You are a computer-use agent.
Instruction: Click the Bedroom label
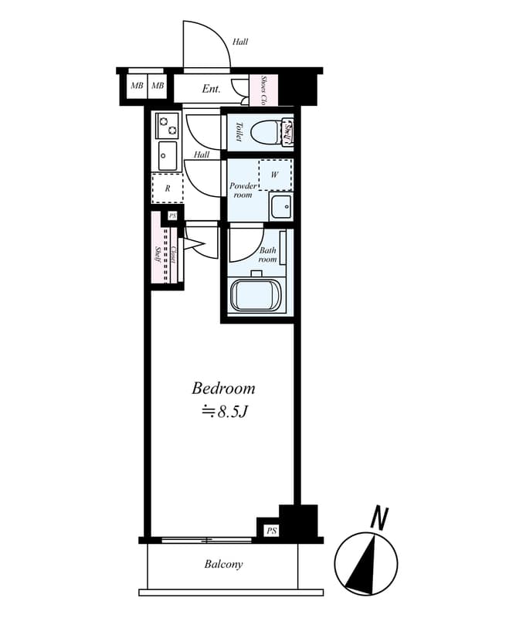pyautogui.click(x=223, y=388)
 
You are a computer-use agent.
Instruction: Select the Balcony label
pyautogui.click(x=223, y=564)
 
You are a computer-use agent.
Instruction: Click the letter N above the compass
pyautogui.click(x=378, y=518)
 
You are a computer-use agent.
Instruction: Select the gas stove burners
pyautogui.click(x=167, y=124)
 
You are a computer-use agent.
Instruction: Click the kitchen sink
pyautogui.click(x=167, y=155)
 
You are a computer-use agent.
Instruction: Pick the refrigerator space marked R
pyautogui.click(x=168, y=188)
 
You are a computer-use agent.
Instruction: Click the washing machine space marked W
pyautogui.click(x=274, y=175)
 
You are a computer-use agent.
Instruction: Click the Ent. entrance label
pyautogui.click(x=212, y=89)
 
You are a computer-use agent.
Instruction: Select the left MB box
pyautogui.click(x=136, y=85)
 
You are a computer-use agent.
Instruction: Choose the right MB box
pyautogui.click(x=158, y=85)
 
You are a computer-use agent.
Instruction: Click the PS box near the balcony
pyautogui.click(x=270, y=531)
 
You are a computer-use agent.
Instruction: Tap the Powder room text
pyautogui.click(x=243, y=190)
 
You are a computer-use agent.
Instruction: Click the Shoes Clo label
pyautogui.click(x=264, y=90)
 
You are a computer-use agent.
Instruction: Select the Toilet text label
pyautogui.click(x=239, y=132)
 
